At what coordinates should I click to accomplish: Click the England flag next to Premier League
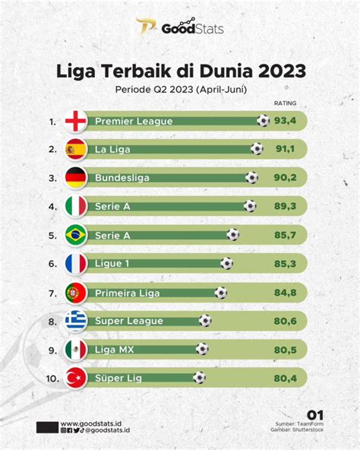pyautogui.click(x=76, y=121)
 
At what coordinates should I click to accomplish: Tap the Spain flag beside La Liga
pyautogui.click(x=76, y=149)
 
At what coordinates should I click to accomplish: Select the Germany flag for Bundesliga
pyautogui.click(x=76, y=178)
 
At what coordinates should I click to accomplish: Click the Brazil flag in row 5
pyautogui.click(x=76, y=235)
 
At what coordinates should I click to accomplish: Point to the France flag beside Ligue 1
pyautogui.click(x=76, y=264)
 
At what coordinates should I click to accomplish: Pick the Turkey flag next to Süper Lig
pyautogui.click(x=76, y=378)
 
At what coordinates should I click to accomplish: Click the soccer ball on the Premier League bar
pyautogui.click(x=263, y=120)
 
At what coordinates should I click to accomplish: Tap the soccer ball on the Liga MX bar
pyautogui.click(x=202, y=349)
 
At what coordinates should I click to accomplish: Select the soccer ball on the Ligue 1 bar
pyautogui.click(x=226, y=264)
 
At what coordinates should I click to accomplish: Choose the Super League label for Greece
pyautogui.click(x=128, y=321)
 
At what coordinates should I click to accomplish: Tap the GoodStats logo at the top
pyautogui.click(x=180, y=28)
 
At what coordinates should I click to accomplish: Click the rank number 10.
pyautogui.click(x=50, y=378)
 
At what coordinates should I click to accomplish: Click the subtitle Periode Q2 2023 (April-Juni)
pyautogui.click(x=180, y=89)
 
